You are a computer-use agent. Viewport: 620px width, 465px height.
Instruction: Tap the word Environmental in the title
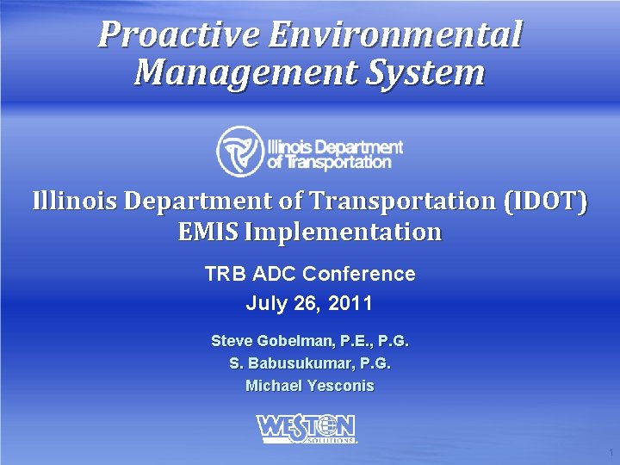pyautogui.click(x=395, y=35)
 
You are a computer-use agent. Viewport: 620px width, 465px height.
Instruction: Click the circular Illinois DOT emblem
pyautogui.click(x=239, y=151)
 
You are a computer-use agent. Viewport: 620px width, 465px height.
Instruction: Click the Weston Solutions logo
pyautogui.click(x=306, y=428)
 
